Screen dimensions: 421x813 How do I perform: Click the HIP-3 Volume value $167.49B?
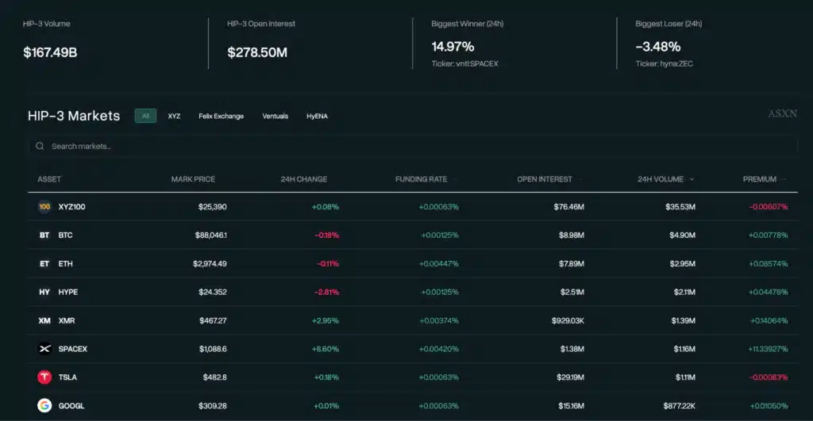50,53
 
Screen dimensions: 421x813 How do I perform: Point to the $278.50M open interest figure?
257,53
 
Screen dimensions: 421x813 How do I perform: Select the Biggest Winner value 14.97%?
453,47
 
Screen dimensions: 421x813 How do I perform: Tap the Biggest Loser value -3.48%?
658,47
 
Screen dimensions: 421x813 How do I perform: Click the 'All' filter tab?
145,116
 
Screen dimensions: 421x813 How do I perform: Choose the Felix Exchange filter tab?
221,116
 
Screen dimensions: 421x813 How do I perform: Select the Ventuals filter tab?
275,116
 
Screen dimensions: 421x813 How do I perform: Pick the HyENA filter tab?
317,116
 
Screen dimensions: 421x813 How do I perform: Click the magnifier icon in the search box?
40,147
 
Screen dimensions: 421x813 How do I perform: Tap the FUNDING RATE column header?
421,179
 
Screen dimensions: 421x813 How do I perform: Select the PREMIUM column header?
760,179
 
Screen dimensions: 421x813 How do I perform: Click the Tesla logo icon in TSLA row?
44,377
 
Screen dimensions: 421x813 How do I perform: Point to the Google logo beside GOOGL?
44,406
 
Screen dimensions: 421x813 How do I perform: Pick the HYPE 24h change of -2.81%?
326,292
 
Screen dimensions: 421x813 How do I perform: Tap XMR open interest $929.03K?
567,320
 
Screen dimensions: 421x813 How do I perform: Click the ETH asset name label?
65,264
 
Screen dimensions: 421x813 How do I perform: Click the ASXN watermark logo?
782,114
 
